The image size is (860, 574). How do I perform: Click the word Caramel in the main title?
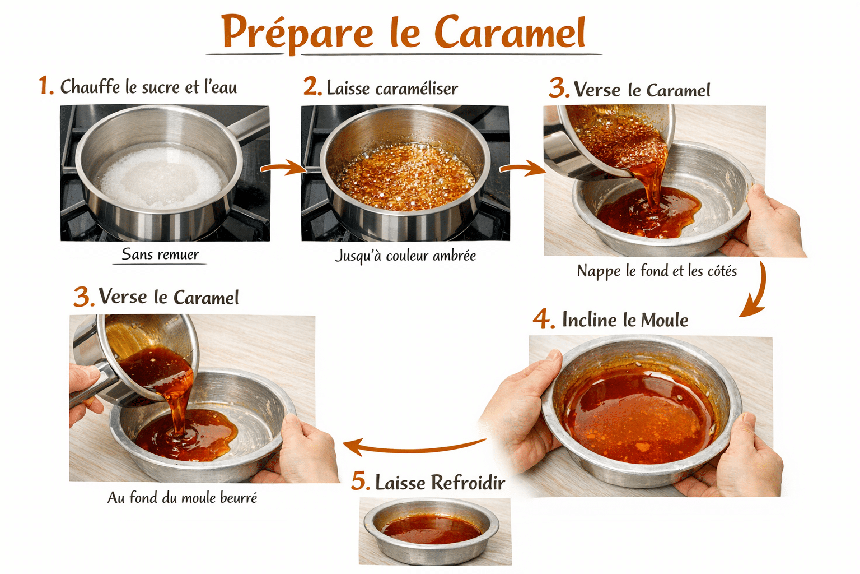[x=510, y=31]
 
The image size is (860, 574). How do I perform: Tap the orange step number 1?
[x=46, y=85]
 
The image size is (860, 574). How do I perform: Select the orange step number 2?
[x=312, y=86]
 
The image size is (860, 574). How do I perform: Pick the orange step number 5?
[x=361, y=481]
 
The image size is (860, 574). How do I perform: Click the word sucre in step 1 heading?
[x=161, y=87]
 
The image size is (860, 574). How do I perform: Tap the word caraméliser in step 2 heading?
[x=417, y=89]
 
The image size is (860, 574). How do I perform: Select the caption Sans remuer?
[x=160, y=254]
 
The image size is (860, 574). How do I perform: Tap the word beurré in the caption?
[x=239, y=498]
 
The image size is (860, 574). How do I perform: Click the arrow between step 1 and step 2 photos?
[x=283, y=168]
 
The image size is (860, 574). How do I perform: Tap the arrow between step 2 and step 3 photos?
[x=523, y=168]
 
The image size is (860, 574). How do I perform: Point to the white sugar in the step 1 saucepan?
[x=161, y=177]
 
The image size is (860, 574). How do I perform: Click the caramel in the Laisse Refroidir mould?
[x=431, y=529]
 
